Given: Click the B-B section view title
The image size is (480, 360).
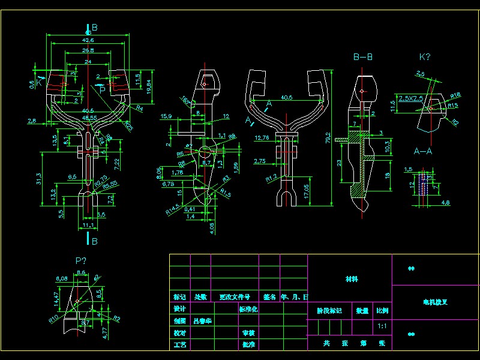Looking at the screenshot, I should point(362,58).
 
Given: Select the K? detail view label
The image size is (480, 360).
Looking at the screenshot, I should point(425,57).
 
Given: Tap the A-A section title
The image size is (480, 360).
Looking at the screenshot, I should point(424,151).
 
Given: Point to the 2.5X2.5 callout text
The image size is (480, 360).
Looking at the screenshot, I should point(411,97).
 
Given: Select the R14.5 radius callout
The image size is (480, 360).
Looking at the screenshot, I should point(173,209).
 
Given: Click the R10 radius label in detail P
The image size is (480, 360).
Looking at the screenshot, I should point(53,316).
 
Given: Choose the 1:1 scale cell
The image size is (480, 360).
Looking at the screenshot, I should point(382,327).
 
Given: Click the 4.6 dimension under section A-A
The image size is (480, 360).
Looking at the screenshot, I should point(446,203).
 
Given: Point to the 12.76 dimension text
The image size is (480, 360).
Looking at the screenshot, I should point(262,138).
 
